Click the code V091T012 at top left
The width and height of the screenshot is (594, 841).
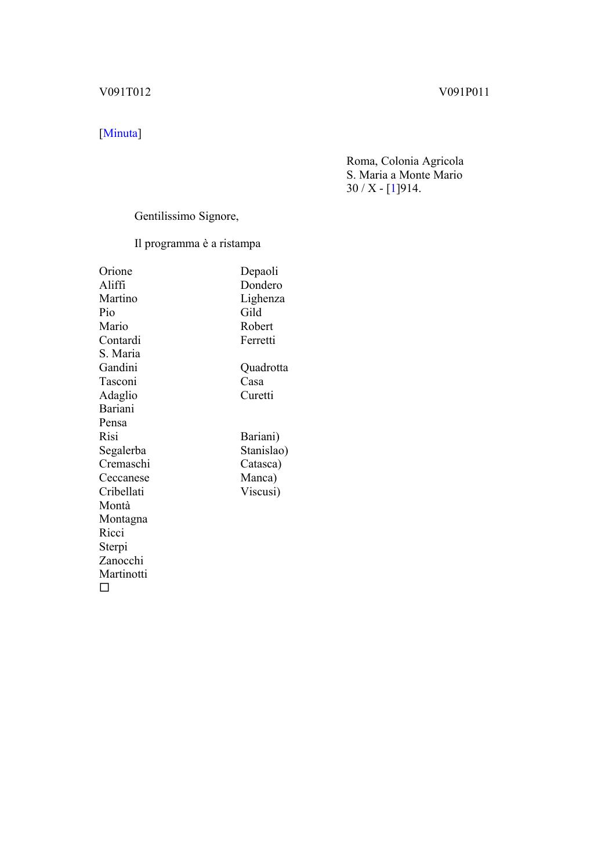pos(125,92)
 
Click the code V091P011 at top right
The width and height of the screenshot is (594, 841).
pos(463,92)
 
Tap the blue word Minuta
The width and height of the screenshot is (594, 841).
pos(120,133)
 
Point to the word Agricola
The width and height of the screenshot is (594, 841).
pos(442,161)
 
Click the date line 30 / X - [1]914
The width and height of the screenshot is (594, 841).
pos(383,188)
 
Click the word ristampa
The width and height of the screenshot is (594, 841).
pos(240,244)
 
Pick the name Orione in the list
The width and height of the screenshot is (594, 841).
pos(115,271)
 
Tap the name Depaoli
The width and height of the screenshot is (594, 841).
pos(259,271)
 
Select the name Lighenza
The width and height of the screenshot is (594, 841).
pos(262,299)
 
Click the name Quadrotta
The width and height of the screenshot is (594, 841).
pos(264,368)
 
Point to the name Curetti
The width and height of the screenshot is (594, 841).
pos(256,396)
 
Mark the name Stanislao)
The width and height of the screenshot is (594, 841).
pos(264,451)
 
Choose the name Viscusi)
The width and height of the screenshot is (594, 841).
pos(260,492)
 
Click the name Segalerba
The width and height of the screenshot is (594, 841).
pos(122,451)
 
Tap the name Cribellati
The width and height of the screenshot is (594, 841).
pos(121,492)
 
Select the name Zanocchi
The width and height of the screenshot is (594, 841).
pos(121,561)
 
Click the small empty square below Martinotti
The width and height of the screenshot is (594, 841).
pos(104,588)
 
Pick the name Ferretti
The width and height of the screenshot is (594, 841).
pos(258,340)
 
